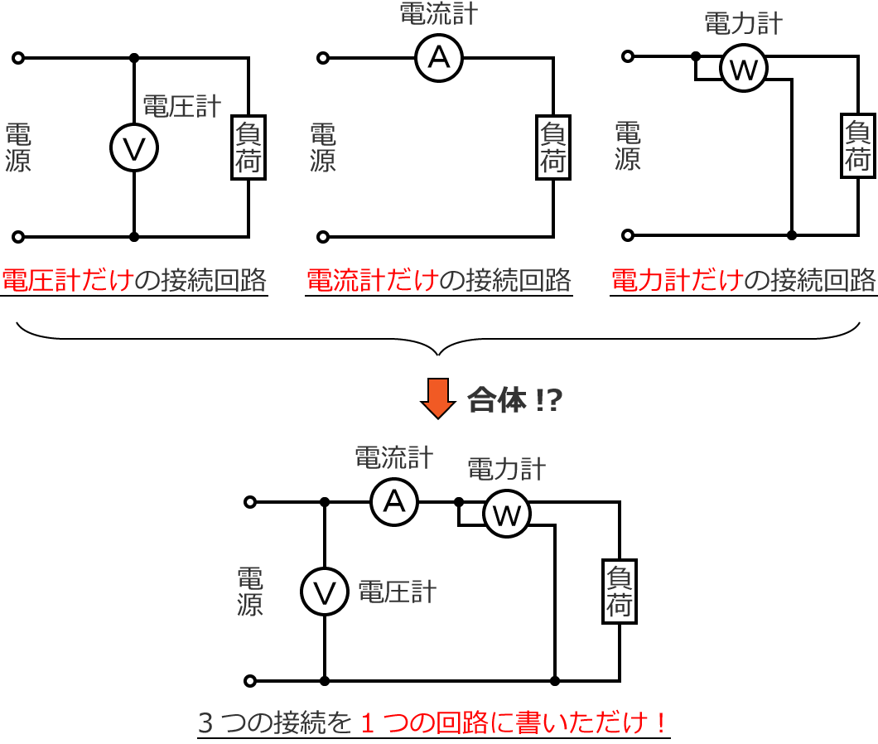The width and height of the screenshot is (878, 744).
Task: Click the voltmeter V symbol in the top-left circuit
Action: tap(134, 148)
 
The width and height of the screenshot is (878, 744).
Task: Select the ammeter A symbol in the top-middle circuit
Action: tap(439, 58)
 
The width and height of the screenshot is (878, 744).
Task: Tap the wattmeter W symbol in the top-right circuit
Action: tap(744, 69)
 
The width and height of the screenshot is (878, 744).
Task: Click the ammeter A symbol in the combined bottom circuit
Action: tap(394, 502)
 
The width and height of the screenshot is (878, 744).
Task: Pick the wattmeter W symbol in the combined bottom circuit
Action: tap(507, 515)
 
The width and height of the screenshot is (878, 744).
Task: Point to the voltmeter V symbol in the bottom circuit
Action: tap(325, 592)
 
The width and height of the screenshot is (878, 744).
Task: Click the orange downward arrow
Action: tap(438, 398)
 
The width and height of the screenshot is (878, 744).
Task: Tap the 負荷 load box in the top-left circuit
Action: tap(248, 147)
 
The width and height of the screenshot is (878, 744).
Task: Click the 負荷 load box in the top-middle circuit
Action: tap(553, 147)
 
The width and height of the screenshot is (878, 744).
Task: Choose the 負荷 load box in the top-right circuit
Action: tap(858, 146)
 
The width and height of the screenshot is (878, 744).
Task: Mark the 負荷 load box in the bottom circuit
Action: tap(620, 592)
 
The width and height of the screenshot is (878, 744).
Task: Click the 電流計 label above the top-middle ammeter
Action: tap(439, 14)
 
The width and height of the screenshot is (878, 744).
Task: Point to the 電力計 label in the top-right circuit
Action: tap(743, 23)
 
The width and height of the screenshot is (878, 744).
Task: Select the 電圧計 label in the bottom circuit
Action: tap(397, 592)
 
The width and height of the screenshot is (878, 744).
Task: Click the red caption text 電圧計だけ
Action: tap(67, 281)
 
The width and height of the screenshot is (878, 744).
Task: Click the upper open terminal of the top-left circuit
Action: tap(18, 58)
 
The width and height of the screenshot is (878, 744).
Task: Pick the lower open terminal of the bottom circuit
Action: tap(250, 681)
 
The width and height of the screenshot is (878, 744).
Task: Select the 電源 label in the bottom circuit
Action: tap(250, 592)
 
